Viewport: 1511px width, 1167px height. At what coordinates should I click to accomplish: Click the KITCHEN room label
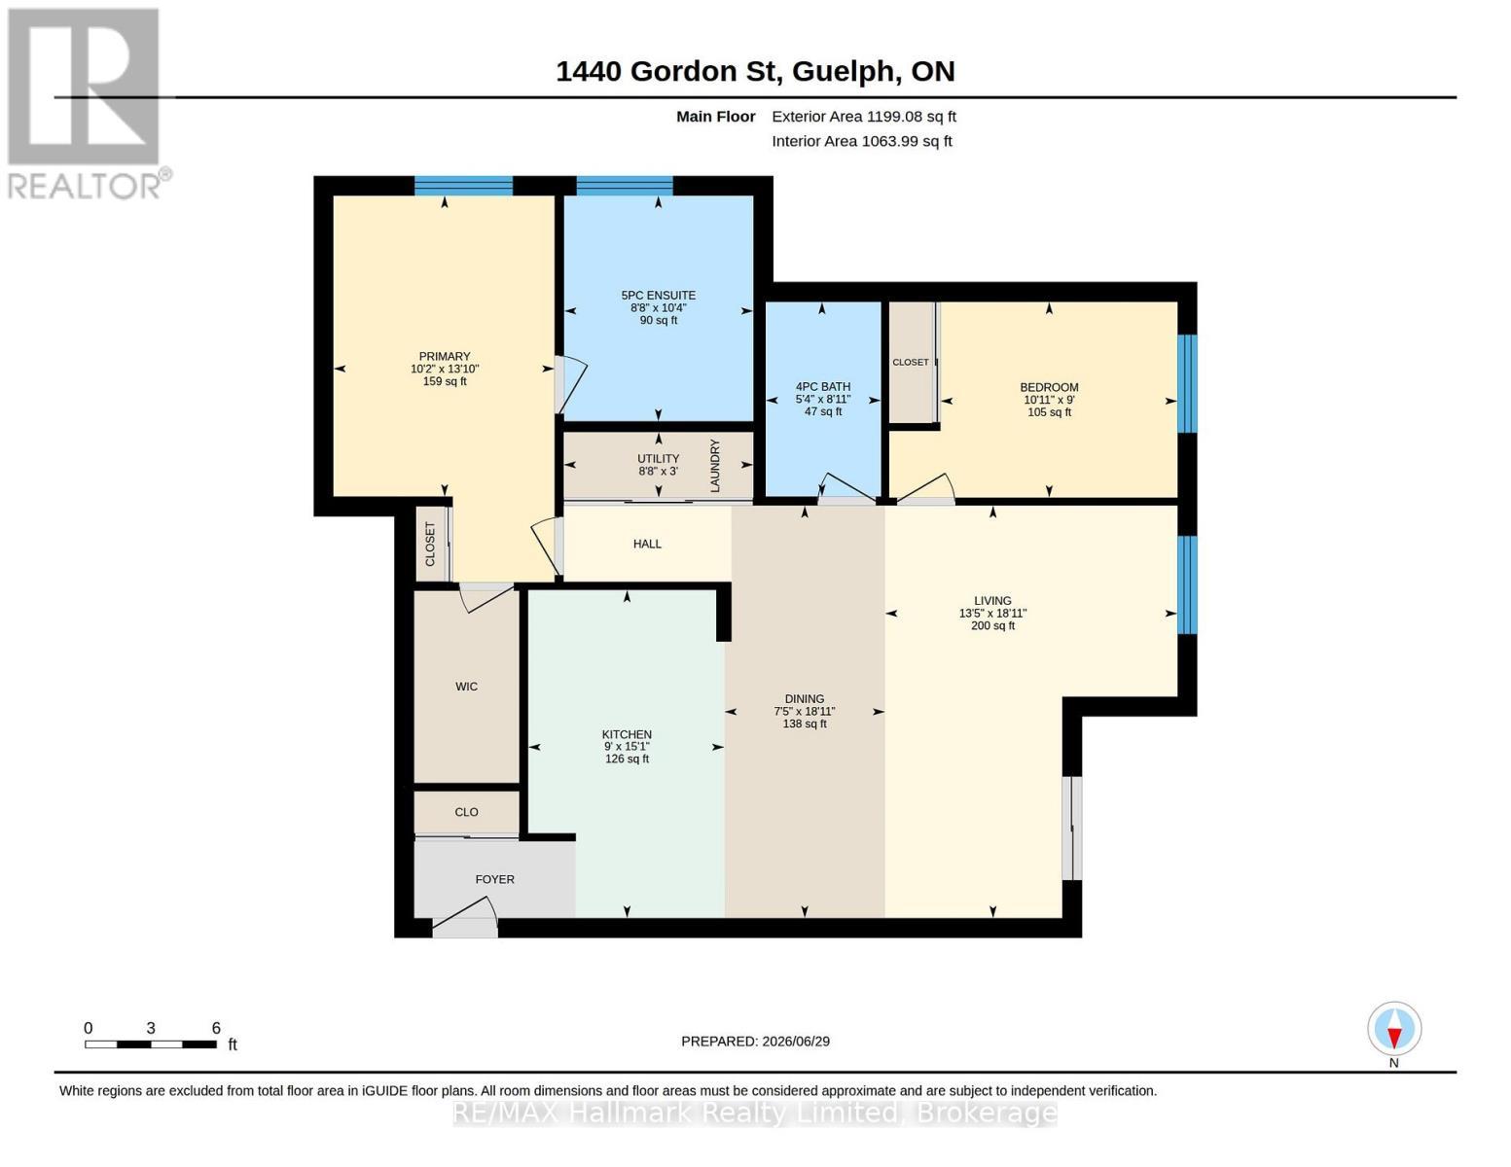(627, 734)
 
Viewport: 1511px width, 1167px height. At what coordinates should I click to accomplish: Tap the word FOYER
(494, 879)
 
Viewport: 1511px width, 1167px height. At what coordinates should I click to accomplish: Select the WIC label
(466, 687)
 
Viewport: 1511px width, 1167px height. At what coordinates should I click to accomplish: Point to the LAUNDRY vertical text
(715, 466)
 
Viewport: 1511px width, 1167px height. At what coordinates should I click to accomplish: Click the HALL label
(647, 544)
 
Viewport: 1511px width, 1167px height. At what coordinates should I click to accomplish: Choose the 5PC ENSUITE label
(658, 296)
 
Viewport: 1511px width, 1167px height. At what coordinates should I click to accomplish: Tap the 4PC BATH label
(822, 387)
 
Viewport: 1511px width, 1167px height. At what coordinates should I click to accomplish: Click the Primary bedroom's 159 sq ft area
(445, 381)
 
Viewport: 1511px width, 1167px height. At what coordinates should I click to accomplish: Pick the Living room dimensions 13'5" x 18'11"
(992, 614)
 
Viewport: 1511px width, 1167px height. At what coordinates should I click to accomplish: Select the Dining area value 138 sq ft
(805, 725)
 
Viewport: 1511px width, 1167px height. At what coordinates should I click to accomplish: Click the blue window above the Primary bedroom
(463, 186)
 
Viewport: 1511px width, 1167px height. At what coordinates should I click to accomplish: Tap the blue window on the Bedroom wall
(1187, 384)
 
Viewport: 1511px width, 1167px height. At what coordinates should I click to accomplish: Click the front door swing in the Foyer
(464, 917)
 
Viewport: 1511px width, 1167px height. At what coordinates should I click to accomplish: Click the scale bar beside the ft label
(150, 1044)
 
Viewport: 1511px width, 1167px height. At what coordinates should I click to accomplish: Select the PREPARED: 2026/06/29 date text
(755, 1042)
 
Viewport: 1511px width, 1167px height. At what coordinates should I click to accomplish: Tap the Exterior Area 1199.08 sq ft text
(864, 117)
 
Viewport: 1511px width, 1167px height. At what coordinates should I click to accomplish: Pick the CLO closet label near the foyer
(466, 812)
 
